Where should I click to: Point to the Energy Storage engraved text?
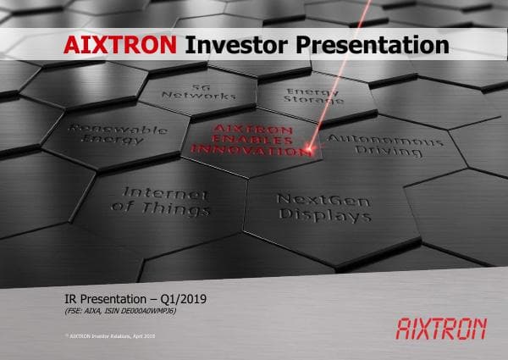[x=312, y=97]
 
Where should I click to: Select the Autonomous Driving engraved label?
[x=385, y=145]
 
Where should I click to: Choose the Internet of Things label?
[x=161, y=200]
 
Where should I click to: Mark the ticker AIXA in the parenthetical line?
[x=90, y=312]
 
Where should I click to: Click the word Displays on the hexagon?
[x=336, y=215]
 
